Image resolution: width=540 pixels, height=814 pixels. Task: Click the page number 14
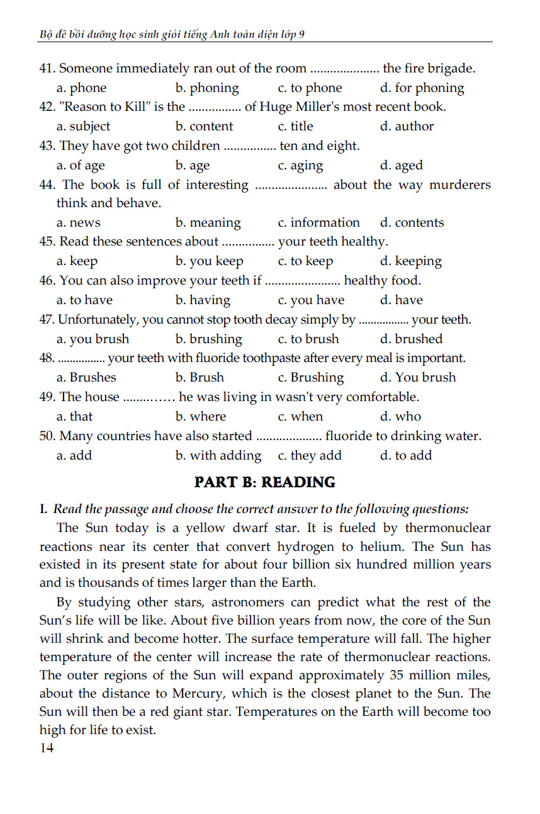pos(47,748)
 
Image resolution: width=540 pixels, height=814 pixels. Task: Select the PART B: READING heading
pos(264,483)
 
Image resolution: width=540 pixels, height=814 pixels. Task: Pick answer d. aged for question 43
pos(401,166)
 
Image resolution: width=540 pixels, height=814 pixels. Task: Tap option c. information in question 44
pos(318,223)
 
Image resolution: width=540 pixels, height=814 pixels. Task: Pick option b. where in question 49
pos(200,417)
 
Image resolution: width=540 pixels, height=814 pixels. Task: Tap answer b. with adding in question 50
pos(218,456)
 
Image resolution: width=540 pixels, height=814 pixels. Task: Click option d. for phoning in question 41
pos(422,88)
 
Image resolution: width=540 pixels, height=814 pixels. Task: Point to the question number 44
pos(48,185)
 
